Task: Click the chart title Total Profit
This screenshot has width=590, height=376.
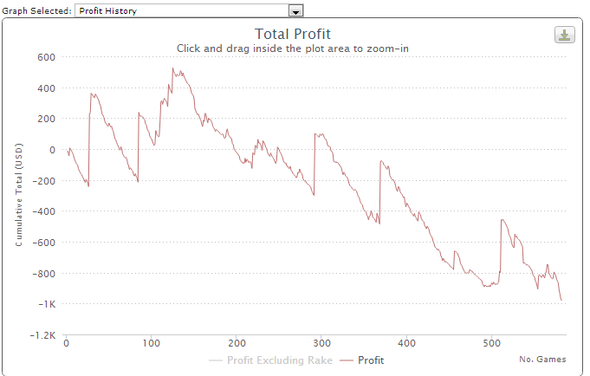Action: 293,34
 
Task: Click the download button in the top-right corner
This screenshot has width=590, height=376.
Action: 564,35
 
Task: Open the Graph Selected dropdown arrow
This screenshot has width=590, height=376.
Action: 295,11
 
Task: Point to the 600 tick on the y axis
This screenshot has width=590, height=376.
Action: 45,57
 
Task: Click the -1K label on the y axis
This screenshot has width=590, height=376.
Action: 44,303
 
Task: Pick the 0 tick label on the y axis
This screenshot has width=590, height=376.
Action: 52,150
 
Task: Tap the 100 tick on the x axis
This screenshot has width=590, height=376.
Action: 151,342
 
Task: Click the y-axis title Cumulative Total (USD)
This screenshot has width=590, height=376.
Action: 19,196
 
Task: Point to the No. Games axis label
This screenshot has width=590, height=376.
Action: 542,359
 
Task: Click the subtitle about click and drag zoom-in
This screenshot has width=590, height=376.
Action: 293,49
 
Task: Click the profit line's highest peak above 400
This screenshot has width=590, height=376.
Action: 172,68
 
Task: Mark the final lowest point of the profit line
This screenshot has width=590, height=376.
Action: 561,301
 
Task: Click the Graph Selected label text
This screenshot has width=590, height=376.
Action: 37,11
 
